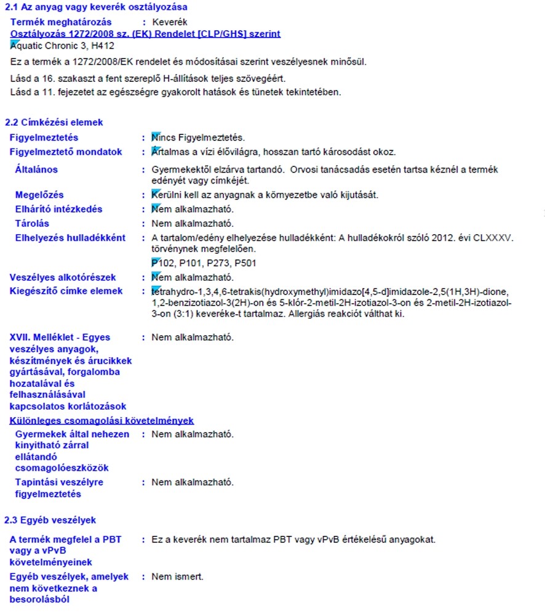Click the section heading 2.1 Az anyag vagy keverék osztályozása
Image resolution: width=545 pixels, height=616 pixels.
tap(96, 7)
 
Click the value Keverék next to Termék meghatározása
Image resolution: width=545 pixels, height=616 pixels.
tap(169, 22)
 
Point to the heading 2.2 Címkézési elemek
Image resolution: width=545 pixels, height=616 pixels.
tap(54, 123)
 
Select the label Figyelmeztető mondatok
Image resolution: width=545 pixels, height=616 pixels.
tap(66, 152)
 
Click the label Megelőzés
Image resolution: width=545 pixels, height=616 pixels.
tap(39, 195)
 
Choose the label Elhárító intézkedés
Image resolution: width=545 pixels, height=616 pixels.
tap(58, 209)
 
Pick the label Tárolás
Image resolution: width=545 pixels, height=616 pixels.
tap(32, 224)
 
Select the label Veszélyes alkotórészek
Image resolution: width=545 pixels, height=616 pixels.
tap(63, 278)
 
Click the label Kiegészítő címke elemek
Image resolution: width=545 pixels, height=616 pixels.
tap(66, 291)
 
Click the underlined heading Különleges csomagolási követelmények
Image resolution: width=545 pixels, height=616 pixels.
tap(102, 421)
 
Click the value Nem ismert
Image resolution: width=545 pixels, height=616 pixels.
tap(177, 577)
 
